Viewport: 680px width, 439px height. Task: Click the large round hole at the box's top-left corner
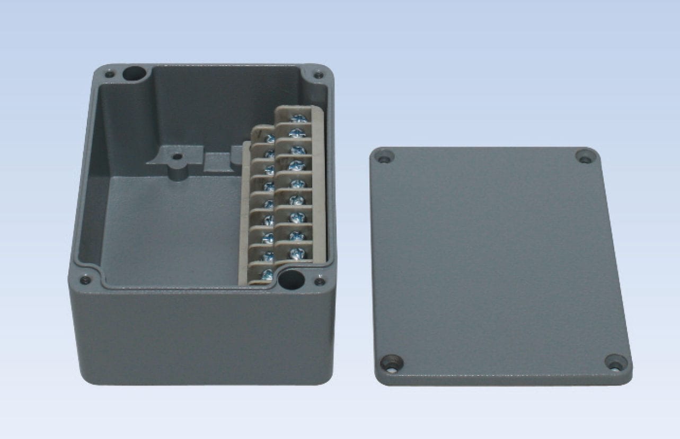tap(134, 73)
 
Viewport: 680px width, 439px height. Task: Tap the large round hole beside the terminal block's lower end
tap(291, 280)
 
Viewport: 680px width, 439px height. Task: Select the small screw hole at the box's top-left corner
tap(110, 74)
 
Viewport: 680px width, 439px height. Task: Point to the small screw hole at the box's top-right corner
tap(318, 75)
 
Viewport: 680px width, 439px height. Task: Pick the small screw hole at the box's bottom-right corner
tap(319, 281)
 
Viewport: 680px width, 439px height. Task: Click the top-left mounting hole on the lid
tap(383, 157)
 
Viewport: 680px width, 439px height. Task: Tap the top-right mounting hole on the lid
tap(585, 157)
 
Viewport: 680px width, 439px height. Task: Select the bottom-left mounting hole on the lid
tap(392, 363)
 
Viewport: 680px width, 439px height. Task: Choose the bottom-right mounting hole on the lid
tap(615, 363)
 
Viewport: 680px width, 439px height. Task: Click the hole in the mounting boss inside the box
tap(176, 157)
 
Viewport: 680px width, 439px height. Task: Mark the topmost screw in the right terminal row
tap(298, 119)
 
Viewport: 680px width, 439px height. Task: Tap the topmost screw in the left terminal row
tap(270, 139)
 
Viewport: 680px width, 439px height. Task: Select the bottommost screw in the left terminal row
tap(268, 274)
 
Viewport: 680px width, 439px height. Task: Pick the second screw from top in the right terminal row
tap(298, 132)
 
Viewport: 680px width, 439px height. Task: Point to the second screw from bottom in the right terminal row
tap(296, 235)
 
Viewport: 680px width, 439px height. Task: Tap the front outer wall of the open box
tap(201, 339)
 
